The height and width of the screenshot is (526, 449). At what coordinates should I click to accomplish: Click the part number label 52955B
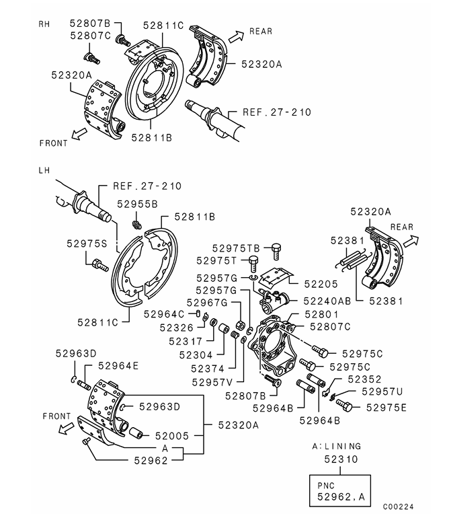[x=137, y=202]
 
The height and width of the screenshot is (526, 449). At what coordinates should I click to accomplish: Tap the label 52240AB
[x=328, y=302]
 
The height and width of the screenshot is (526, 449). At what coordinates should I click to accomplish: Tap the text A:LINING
[x=337, y=446]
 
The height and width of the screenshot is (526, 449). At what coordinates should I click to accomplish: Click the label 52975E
[x=382, y=407]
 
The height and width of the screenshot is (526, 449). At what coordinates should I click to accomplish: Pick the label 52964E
[x=118, y=366]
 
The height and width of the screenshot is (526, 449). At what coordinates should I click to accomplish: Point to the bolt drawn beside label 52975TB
[x=276, y=250]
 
